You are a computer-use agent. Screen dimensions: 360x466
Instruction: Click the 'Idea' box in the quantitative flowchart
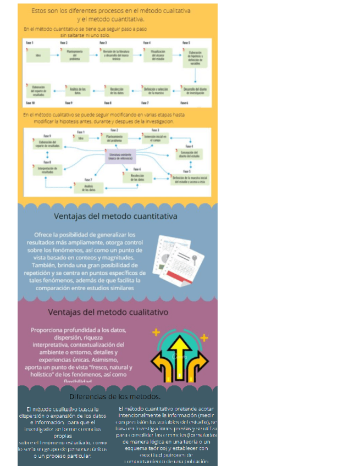tap(38, 55)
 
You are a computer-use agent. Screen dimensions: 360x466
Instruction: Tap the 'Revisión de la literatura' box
tap(115, 55)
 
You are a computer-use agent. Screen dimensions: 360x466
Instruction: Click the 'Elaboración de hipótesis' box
tap(195, 57)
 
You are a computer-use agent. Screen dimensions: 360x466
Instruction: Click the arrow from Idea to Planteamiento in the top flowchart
tap(56, 55)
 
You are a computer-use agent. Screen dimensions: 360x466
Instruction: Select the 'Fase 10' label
tap(30, 103)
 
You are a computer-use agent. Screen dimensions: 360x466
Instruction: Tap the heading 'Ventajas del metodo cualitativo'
tap(108, 312)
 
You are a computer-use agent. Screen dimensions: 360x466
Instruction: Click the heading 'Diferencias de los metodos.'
tap(115, 396)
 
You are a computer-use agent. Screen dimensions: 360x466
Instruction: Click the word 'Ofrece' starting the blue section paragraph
tap(45, 235)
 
